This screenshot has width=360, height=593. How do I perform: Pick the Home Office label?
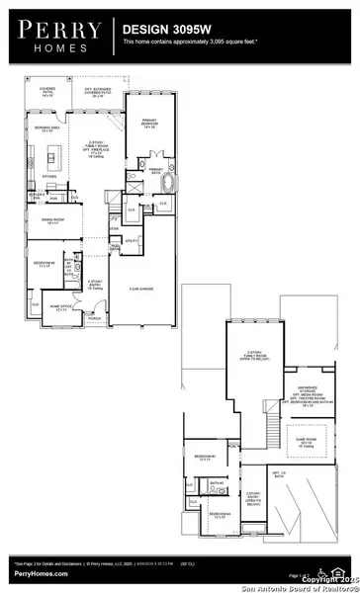tap(60, 309)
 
